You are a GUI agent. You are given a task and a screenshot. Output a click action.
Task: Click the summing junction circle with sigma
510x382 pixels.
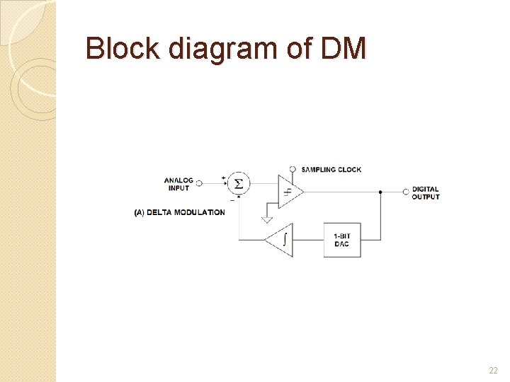pos(239,184)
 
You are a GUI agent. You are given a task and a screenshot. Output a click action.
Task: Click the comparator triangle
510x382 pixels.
pos(289,191)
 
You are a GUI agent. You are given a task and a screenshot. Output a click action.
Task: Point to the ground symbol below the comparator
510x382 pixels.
pos(266,218)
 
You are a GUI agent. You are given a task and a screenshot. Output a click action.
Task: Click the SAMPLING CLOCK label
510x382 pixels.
pos(331,170)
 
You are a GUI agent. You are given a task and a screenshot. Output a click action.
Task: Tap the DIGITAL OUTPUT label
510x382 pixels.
pos(426,192)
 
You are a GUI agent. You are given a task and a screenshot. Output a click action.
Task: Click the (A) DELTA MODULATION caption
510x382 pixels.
pos(179,212)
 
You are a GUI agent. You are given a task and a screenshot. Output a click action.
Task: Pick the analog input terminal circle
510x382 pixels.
pos(199,183)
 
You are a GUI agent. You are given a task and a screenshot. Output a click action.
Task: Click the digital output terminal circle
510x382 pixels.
pos(406,191)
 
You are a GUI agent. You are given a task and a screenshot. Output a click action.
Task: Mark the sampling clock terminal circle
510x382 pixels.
pos(293,170)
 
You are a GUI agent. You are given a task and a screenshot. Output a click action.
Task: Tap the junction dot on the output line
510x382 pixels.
pos(381,191)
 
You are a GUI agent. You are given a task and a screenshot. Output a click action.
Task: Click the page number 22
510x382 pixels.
pos(493,370)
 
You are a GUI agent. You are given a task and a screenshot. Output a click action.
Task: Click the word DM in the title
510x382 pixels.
pos(344,49)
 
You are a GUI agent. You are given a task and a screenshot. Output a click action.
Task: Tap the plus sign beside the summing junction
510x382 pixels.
pos(224,178)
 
